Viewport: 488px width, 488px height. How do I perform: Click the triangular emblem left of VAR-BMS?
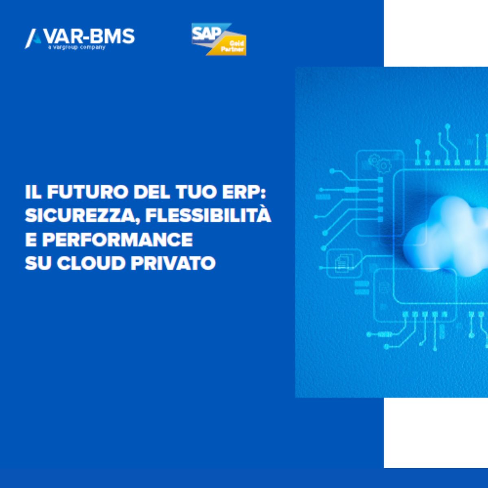click(33, 38)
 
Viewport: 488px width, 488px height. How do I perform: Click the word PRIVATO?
click(173, 263)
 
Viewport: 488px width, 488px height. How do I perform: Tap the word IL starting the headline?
click(33, 192)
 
